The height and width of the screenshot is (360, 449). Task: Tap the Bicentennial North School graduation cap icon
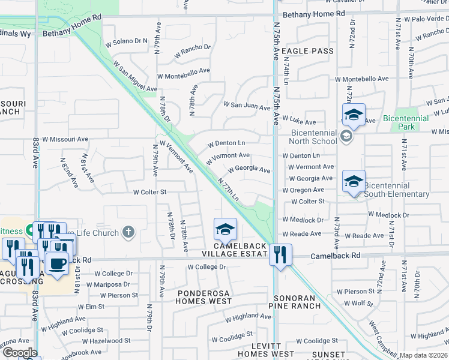point(354,115)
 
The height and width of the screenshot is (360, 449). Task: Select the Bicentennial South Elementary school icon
point(354,181)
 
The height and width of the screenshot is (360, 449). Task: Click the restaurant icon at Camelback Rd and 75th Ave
point(280,254)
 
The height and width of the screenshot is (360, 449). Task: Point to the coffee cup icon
point(57,263)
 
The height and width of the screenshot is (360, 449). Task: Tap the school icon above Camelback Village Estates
point(225,229)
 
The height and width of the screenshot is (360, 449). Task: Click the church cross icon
point(128,232)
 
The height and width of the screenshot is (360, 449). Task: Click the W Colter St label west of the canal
point(149,192)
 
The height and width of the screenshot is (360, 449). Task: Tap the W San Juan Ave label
point(247,106)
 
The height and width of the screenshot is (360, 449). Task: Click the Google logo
point(20,353)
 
